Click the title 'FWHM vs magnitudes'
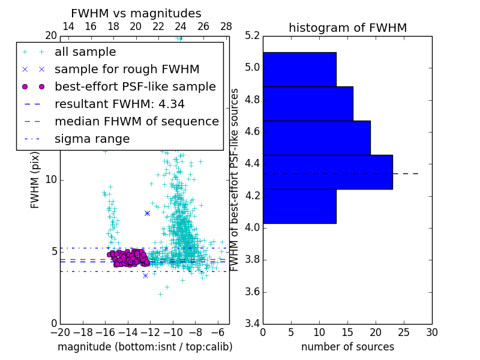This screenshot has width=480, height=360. click(x=136, y=13)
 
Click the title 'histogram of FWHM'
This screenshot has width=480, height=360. click(x=347, y=28)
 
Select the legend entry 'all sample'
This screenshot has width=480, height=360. click(x=85, y=52)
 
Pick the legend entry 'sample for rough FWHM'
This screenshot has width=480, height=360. click(x=127, y=70)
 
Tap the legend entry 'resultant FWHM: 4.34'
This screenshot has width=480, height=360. click(x=119, y=104)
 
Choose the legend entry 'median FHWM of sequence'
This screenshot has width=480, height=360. click(x=136, y=122)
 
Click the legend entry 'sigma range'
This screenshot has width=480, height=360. click(x=92, y=139)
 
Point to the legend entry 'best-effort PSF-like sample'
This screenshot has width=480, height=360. click(x=135, y=87)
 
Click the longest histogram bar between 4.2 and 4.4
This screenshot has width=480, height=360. click(x=328, y=172)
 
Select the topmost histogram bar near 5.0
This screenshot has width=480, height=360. click(x=299, y=70)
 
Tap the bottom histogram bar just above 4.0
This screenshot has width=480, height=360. click(x=299, y=206)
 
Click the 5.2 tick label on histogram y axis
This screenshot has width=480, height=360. click(x=253, y=36)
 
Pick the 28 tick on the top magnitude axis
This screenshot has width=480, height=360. click(x=226, y=26)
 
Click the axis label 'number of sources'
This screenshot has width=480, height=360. click(x=347, y=347)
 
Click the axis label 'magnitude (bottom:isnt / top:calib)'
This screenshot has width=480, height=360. click(x=145, y=347)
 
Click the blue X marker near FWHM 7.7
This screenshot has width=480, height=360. click(x=147, y=213)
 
